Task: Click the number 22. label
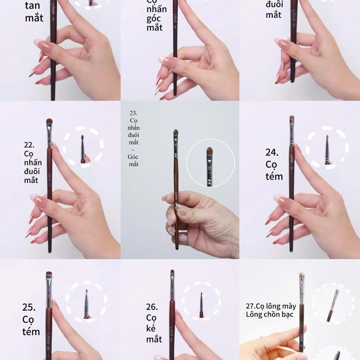[x=29, y=145]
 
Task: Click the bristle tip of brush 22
[x=49, y=121]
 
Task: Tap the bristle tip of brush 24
[x=292, y=119]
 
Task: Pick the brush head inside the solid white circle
[x=209, y=152]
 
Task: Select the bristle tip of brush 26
[x=172, y=274]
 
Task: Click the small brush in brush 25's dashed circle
[x=86, y=301]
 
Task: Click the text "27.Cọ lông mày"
[x=271, y=306]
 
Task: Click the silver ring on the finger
[x=266, y=342]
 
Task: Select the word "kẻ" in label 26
[x=152, y=328]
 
